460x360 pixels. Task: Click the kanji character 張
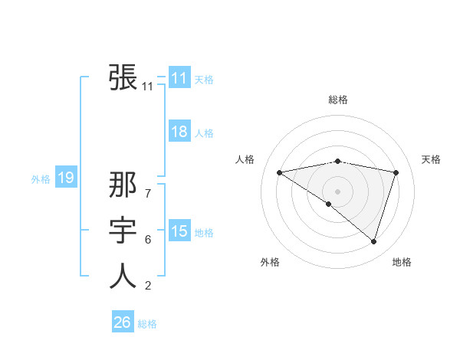(x=123, y=77)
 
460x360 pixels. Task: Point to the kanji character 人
(x=123, y=276)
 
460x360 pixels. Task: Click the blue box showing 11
(x=179, y=78)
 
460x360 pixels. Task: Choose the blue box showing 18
(x=179, y=132)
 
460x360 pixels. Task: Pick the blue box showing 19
(x=65, y=178)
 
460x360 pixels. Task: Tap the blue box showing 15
(x=179, y=231)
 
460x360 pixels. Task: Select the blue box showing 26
(x=122, y=322)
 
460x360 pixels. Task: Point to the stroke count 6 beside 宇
(x=148, y=240)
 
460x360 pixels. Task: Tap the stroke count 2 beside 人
(x=148, y=286)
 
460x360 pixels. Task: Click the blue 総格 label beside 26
(x=147, y=324)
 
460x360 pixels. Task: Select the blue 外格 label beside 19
(x=41, y=179)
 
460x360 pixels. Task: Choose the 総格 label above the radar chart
(x=337, y=100)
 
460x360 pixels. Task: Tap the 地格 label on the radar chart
(x=402, y=262)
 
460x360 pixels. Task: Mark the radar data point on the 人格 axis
(x=279, y=172)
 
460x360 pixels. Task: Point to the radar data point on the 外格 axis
(x=329, y=204)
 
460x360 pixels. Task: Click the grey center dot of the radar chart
(x=337, y=191)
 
